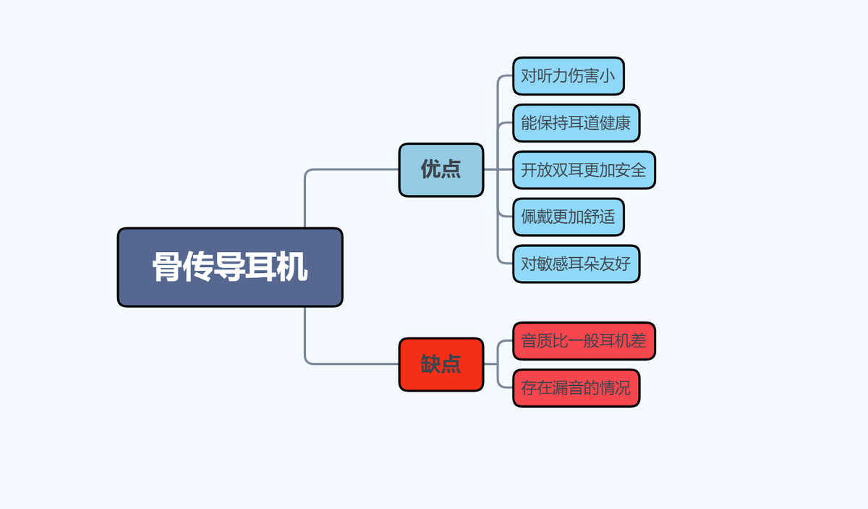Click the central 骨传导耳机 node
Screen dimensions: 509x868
(230, 267)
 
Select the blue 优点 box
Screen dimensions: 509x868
(441, 169)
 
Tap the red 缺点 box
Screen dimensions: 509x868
(441, 364)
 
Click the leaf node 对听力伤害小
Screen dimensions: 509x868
(568, 76)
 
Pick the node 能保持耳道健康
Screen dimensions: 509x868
(576, 123)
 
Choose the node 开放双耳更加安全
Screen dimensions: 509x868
(584, 170)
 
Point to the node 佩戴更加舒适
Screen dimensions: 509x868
(568, 216)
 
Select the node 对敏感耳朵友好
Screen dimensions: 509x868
(576, 264)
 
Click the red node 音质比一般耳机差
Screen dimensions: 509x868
(584, 341)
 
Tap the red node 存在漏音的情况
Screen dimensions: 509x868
(576, 388)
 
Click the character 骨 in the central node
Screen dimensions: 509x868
(167, 267)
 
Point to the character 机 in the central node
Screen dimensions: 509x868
(293, 267)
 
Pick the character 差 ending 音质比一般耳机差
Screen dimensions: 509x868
(638, 341)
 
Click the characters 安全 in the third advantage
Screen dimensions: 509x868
(630, 170)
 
